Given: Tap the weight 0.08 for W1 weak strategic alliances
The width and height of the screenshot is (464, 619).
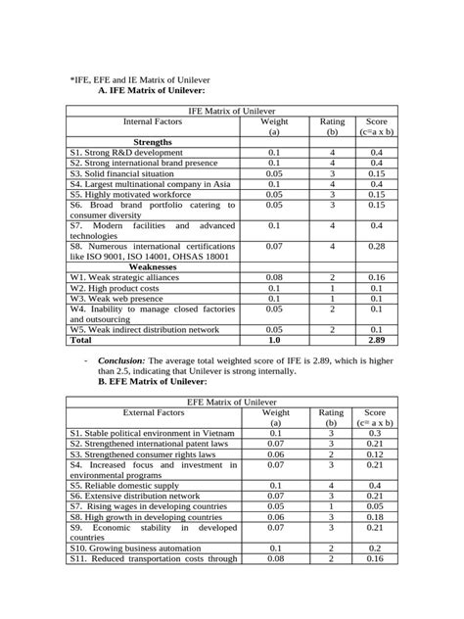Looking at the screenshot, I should (x=273, y=277).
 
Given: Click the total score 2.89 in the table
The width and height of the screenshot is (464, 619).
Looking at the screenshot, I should (x=376, y=342).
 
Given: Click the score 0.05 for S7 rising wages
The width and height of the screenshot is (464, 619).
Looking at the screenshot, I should (x=376, y=506).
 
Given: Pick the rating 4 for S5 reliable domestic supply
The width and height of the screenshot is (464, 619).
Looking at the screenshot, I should (x=332, y=485).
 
